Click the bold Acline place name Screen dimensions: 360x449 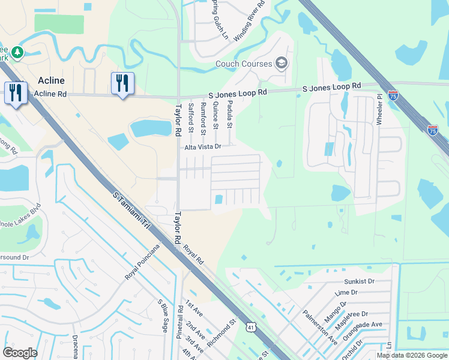(x=51, y=80)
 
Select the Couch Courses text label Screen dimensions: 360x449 (x=244, y=64)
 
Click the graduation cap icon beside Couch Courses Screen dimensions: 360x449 (x=281, y=63)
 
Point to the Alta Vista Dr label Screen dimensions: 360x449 (x=203, y=146)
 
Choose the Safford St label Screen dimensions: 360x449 (x=191, y=117)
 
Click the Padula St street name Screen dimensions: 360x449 (x=229, y=114)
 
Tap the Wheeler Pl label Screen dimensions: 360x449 (x=379, y=109)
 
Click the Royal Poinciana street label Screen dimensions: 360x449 (x=143, y=262)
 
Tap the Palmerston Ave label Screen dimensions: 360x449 (x=320, y=326)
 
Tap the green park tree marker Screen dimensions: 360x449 (x=17, y=52)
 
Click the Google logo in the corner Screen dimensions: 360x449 (x=20, y=353)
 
